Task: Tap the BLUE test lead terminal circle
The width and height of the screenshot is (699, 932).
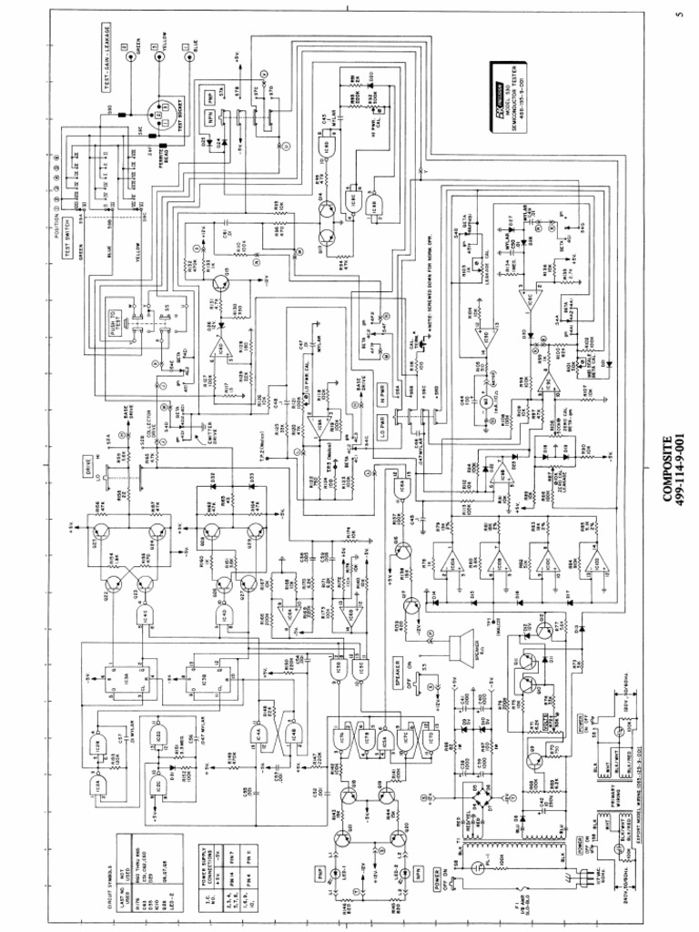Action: point(190,56)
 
